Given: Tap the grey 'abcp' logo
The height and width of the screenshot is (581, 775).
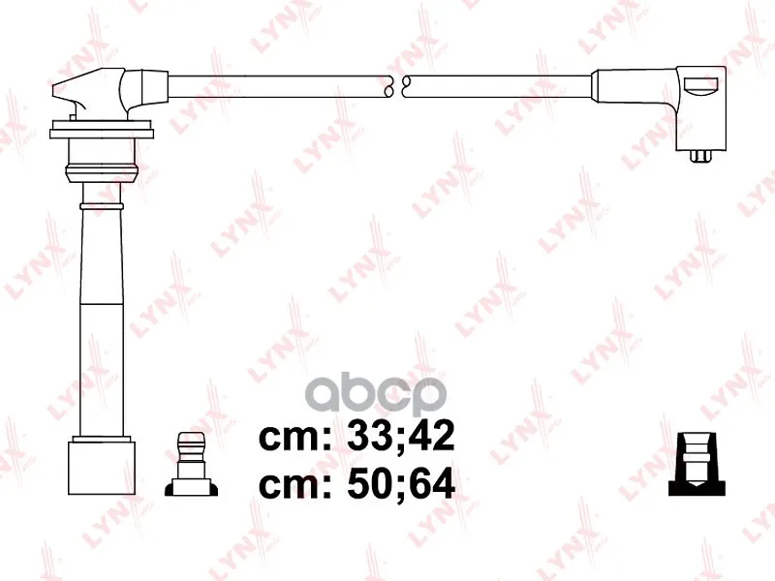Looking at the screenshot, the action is pyautogui.click(x=376, y=395).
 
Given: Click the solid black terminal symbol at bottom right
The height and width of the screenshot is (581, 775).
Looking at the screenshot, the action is pyautogui.click(x=697, y=465).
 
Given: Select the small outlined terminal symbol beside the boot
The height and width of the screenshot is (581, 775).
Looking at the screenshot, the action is pyautogui.click(x=191, y=465).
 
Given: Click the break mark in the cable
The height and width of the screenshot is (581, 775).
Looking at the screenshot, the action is pyautogui.click(x=397, y=86).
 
